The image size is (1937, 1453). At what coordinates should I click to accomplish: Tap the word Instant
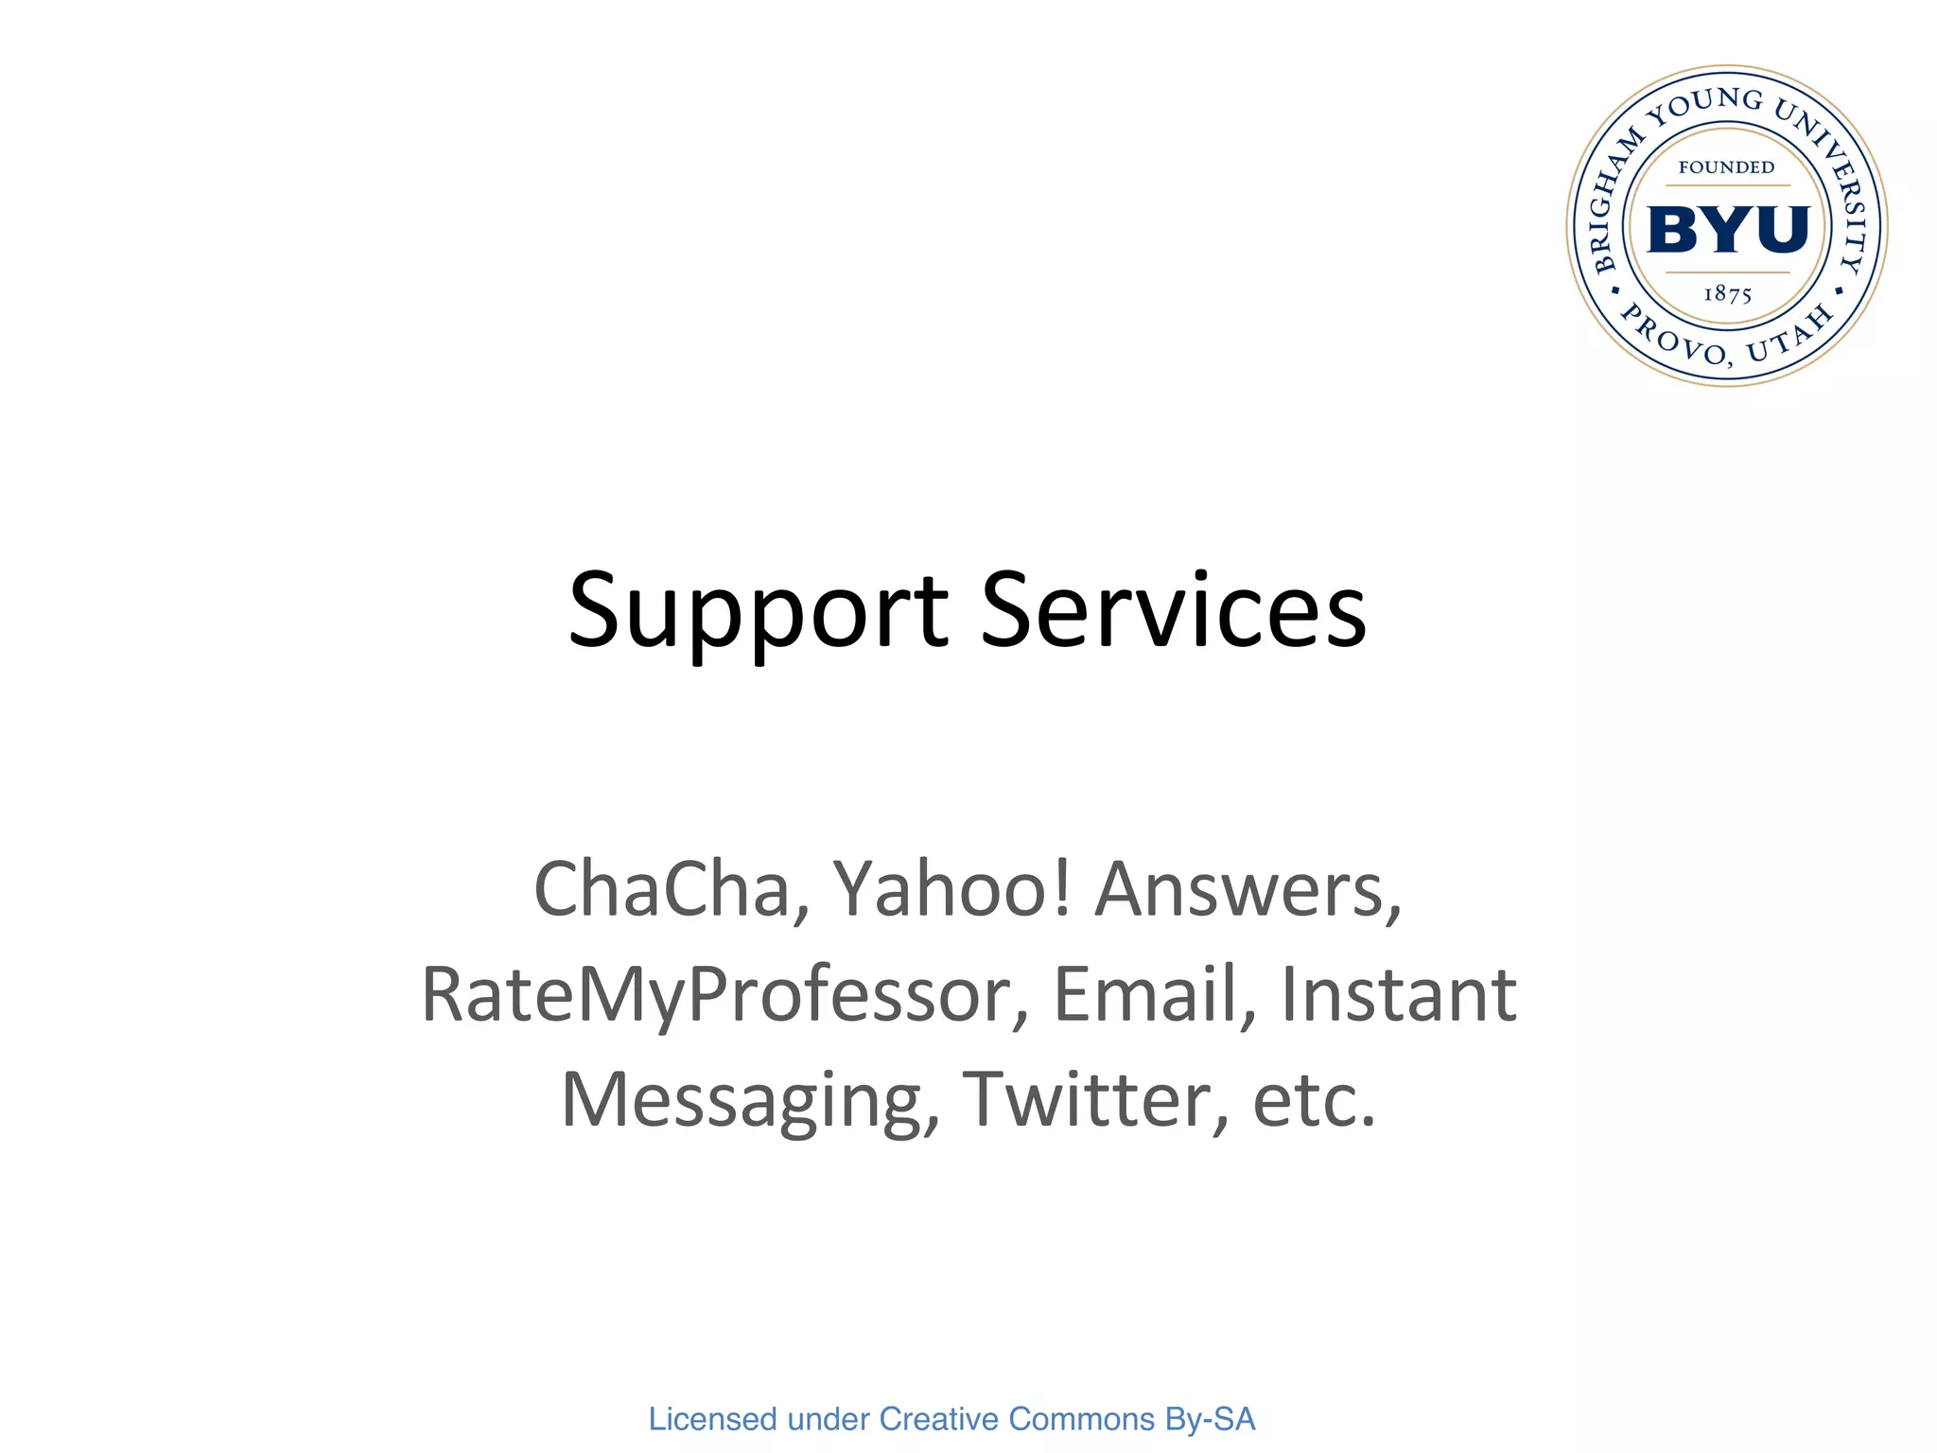(1399, 994)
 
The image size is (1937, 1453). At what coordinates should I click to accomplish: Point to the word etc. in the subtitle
(1314, 1100)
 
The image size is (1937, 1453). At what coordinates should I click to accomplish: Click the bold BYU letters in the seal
(1728, 229)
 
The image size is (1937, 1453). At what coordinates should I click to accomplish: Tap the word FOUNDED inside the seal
(1726, 167)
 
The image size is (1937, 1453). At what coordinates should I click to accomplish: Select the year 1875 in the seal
(1727, 294)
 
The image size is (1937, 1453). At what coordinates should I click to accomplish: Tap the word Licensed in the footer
(712, 1419)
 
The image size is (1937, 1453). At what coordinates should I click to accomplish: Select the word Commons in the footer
(1082, 1419)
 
